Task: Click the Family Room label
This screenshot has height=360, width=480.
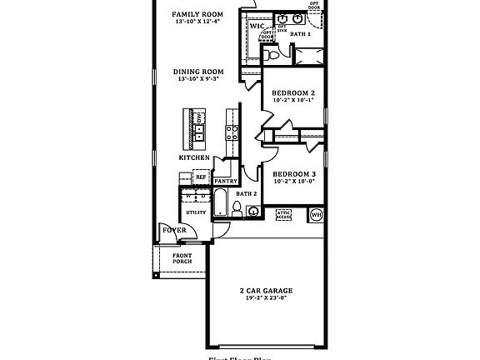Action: pos(197,14)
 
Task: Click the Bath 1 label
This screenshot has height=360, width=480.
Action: pos(300,34)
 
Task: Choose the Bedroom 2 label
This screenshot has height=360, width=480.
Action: pos(292,92)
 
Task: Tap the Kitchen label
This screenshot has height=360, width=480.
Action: pos(193,157)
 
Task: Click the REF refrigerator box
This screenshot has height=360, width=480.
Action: pos(201,177)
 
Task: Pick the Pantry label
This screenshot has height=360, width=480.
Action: pos(225,181)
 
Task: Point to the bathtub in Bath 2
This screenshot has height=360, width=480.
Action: pos(222,202)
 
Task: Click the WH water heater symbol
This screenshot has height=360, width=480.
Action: pos(316,215)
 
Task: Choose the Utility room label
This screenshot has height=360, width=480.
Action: pos(196,212)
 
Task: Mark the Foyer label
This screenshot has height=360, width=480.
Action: pos(173,229)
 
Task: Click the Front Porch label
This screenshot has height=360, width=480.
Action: pos(182,258)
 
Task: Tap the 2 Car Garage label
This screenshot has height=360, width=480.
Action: pos(264,292)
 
